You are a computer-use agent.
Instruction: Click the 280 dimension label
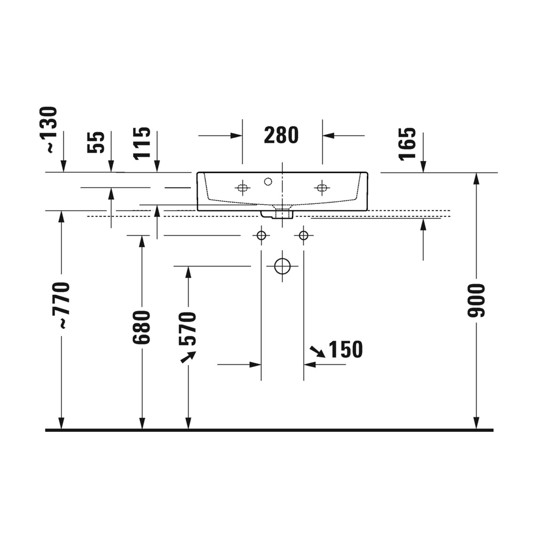click(281, 135)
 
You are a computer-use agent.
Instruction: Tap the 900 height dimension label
click(476, 300)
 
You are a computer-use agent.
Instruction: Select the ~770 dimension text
click(60, 305)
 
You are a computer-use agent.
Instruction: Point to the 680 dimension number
click(141, 327)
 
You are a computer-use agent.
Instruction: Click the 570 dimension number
click(187, 328)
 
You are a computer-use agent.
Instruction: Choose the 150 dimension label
click(346, 349)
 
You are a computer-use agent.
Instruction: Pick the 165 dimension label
click(407, 144)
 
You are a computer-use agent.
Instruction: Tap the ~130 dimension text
click(49, 129)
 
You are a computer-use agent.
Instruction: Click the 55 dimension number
click(96, 142)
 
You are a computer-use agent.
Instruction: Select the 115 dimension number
click(142, 143)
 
